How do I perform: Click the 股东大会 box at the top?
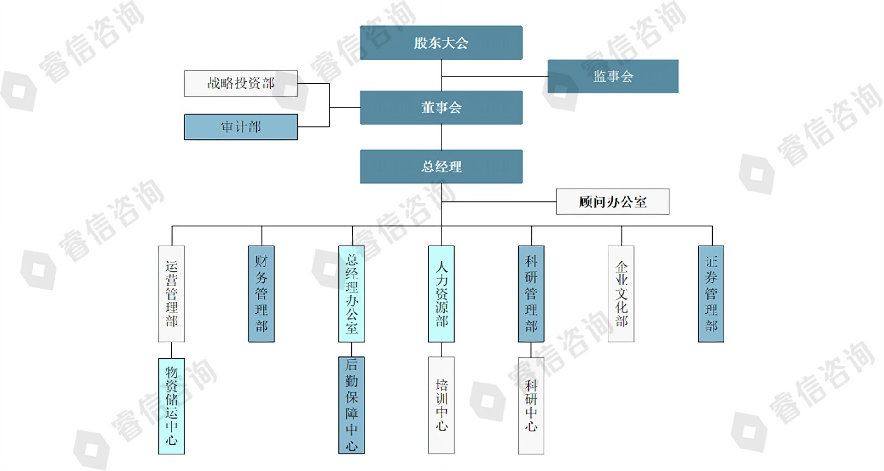pyautogui.click(x=441, y=43)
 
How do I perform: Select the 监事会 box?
pyautogui.click(x=613, y=76)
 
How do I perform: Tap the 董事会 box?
pyautogui.click(x=441, y=108)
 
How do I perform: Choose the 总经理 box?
pyautogui.click(x=441, y=167)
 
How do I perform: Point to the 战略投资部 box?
pyautogui.click(x=241, y=83)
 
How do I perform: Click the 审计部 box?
pyautogui.click(x=241, y=127)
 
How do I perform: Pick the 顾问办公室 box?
pyautogui.click(x=612, y=201)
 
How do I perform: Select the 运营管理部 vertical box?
pyautogui.click(x=171, y=293)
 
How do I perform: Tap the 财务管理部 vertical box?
pyautogui.click(x=261, y=293)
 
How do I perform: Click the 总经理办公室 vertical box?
pyautogui.click(x=351, y=293)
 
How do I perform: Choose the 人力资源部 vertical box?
pyautogui.click(x=441, y=293)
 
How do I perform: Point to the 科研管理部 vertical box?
pyautogui.click(x=531, y=293)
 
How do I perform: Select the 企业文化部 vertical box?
pyautogui.click(x=621, y=293)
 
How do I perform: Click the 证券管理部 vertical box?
pyautogui.click(x=711, y=293)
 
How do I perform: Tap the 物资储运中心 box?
pyautogui.click(x=171, y=406)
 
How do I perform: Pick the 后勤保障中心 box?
pyautogui.click(x=351, y=405)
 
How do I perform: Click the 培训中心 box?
pyautogui.click(x=441, y=405)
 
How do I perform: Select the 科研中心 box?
pyautogui.click(x=531, y=405)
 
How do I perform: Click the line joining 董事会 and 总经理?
pyautogui.click(x=442, y=137)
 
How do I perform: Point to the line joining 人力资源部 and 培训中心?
pyautogui.click(x=442, y=350)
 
